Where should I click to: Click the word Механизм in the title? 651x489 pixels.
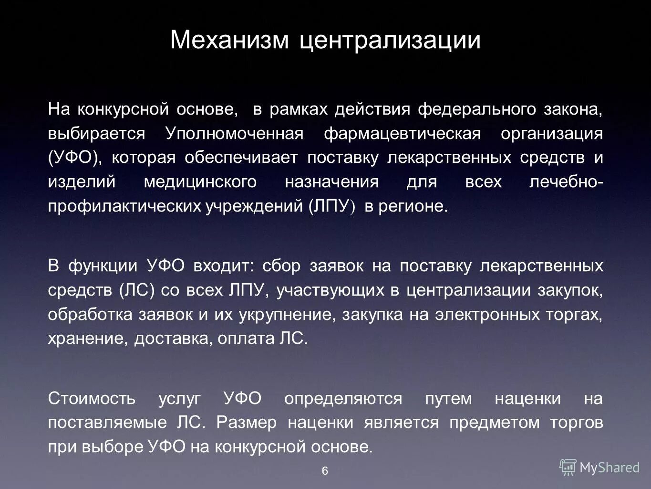point(229,40)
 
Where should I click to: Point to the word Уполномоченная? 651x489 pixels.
point(234,134)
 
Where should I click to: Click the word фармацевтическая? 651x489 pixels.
point(402,134)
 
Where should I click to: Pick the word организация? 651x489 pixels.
point(551,134)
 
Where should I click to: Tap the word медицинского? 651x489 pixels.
point(200,182)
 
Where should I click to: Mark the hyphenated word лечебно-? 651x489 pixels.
point(566,182)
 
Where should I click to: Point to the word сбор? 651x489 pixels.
point(281,266)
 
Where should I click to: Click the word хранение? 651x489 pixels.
point(88,339)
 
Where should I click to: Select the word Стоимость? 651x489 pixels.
point(92,398)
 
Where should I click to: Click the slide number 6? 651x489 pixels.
point(325,471)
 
